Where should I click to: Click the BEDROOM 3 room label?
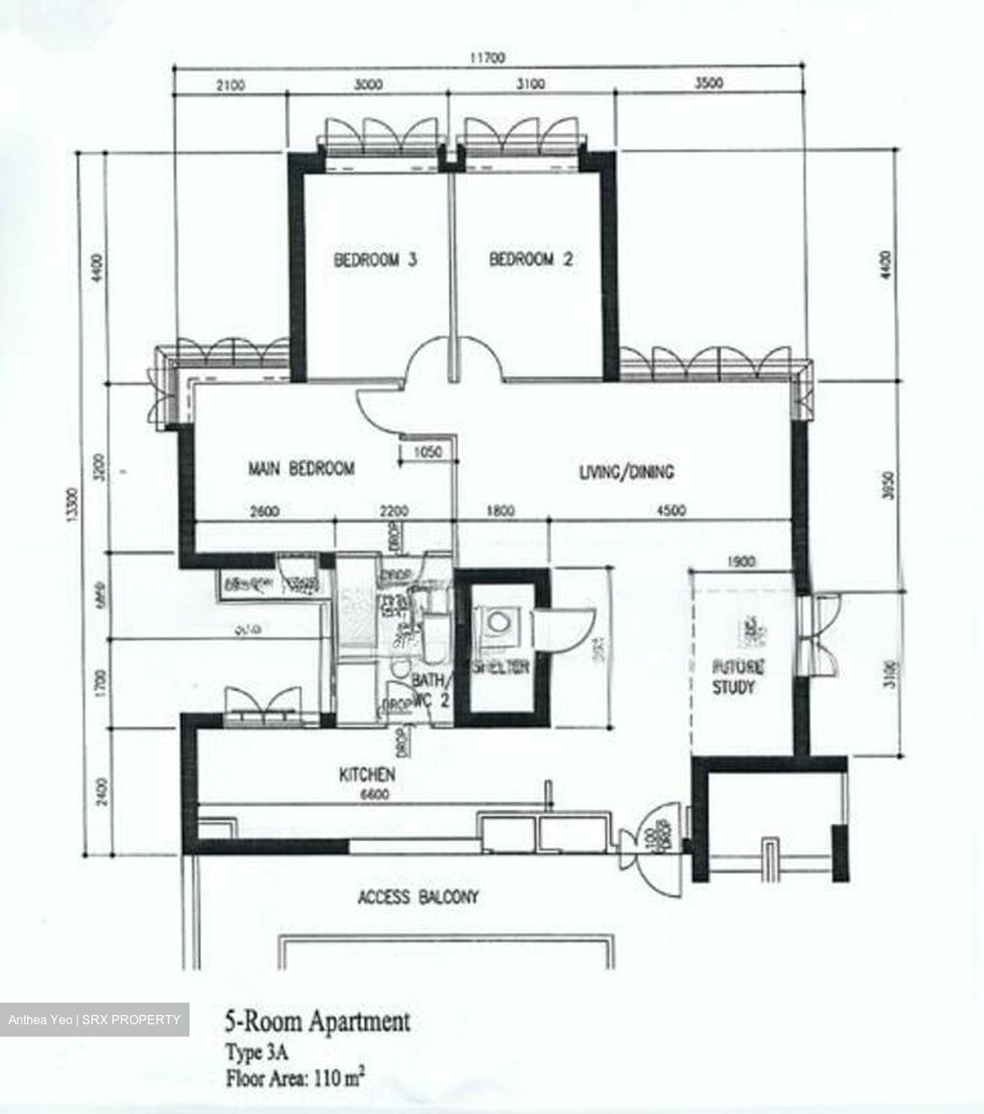[375, 260]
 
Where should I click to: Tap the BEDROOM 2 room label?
[531, 260]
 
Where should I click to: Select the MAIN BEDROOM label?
[301, 468]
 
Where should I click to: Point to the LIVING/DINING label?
[627, 471]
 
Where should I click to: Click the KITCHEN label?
[367, 774]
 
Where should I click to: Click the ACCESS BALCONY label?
[418, 897]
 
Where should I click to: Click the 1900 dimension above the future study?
[741, 562]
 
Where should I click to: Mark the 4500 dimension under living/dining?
[671, 511]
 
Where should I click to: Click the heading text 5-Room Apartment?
[317, 1022]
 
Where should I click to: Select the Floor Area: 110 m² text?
[295, 1077]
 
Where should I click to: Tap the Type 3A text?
[251, 1053]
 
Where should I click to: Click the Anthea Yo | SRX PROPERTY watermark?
[94, 1020]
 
